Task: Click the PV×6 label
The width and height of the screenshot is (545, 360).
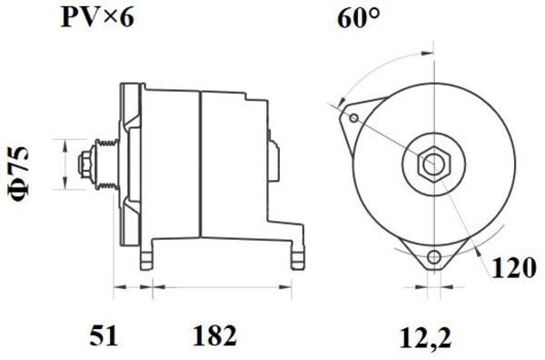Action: (97, 17)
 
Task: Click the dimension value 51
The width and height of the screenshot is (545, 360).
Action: (104, 336)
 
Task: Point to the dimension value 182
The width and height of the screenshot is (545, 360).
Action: (214, 336)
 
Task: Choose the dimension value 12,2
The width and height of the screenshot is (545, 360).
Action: (425, 336)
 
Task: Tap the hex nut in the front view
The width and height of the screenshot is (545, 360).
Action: (433, 164)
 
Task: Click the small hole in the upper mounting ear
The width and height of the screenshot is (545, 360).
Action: (354, 118)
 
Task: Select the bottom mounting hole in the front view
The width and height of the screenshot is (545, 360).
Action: (433, 257)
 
